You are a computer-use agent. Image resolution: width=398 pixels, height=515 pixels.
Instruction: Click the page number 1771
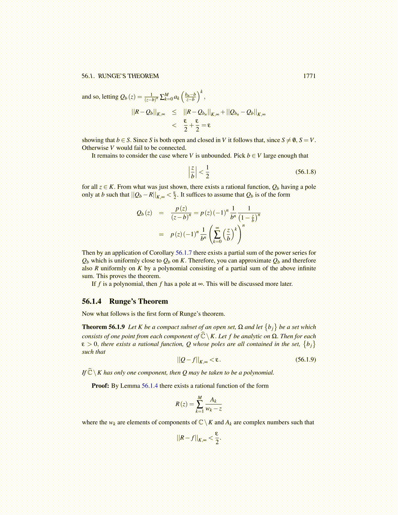(x=309, y=76)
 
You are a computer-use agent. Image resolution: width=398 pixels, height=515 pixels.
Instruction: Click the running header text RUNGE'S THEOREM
(x=128, y=76)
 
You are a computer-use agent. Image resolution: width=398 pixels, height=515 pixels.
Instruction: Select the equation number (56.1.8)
(x=305, y=172)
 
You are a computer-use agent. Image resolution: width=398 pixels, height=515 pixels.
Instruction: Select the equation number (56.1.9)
(x=305, y=360)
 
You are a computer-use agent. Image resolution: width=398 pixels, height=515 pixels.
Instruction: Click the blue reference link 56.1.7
(x=184, y=253)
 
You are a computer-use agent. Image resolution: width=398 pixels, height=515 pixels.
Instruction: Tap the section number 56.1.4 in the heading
(x=91, y=301)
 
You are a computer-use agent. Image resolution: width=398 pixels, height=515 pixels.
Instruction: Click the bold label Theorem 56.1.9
(x=103, y=327)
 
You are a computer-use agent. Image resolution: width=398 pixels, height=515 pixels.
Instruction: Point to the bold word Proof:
(x=100, y=386)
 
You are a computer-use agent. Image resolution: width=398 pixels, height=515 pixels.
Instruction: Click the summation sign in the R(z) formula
(x=200, y=404)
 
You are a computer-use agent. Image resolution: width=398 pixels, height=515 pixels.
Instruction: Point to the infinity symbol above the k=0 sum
(x=217, y=228)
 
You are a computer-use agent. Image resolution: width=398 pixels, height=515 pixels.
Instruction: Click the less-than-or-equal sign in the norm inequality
(x=174, y=113)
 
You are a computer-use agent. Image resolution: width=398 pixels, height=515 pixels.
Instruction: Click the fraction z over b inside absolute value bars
(x=192, y=172)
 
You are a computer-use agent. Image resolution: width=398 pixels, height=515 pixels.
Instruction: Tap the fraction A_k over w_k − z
(x=213, y=404)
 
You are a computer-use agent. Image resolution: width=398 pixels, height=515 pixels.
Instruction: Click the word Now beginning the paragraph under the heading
(x=88, y=314)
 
